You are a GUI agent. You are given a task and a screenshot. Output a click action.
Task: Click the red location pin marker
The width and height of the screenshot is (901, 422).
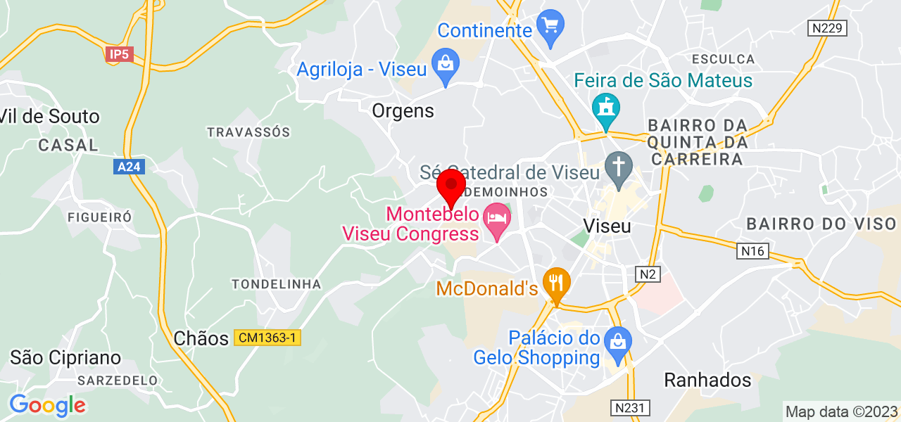pos(451,186)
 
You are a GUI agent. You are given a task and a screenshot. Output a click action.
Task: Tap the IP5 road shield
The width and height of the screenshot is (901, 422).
pos(120,54)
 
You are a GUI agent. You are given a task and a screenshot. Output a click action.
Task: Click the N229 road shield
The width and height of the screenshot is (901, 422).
pos(826,28)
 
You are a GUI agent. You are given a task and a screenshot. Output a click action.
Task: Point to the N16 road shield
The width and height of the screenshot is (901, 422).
pos(752,251)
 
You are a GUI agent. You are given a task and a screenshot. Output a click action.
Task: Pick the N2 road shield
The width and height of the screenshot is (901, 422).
pos(647,274)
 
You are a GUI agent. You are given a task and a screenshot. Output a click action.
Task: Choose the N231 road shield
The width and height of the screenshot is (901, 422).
pos(631,407)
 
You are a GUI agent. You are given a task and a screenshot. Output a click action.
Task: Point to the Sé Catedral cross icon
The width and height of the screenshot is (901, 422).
pos(619,167)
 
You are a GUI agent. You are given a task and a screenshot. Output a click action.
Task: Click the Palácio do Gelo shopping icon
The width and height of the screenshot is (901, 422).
pos(618,343)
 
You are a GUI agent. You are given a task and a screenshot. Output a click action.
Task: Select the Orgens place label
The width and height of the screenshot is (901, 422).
pos(403,110)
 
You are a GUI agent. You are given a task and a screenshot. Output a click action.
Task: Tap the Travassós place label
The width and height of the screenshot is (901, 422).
pos(248,132)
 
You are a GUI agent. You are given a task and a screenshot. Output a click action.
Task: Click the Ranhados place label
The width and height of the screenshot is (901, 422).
pos(707,381)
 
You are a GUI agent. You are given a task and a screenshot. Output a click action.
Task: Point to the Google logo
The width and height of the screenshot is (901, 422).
pos(47,405)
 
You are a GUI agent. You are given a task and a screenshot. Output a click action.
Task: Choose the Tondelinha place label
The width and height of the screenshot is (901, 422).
pos(277,284)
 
